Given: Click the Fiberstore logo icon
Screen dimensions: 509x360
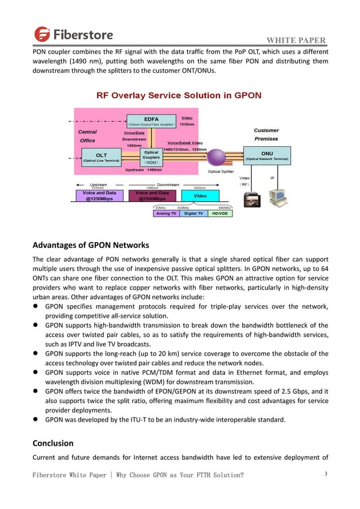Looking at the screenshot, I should (x=42, y=34).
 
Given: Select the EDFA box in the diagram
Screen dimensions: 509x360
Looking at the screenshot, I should (x=151, y=121).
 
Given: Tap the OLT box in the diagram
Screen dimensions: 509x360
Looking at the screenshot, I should (x=102, y=156).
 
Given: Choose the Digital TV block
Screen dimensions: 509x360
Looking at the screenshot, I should (x=194, y=214).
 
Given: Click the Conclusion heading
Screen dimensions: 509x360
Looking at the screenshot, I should (x=53, y=443).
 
